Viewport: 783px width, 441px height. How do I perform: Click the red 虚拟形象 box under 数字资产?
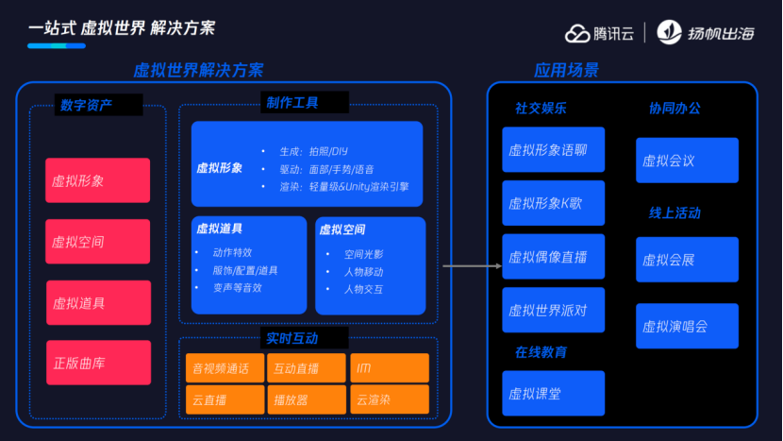pos(97,180)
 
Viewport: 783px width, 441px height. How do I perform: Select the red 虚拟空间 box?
pos(97,242)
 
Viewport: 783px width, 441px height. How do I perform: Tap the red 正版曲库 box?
pos(98,363)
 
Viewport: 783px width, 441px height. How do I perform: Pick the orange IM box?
pos(389,367)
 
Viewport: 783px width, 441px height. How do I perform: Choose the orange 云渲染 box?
pos(389,399)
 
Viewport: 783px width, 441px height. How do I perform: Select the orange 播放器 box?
pos(306,399)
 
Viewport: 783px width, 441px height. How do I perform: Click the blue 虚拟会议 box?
pos(687,160)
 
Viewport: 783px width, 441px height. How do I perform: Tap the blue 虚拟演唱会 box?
pos(687,326)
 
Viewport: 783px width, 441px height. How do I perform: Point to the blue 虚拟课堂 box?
pos(553,393)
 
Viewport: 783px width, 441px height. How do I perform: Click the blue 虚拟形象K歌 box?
pos(553,203)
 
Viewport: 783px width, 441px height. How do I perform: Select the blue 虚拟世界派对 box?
pos(553,310)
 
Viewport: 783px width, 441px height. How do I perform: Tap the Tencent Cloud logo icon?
pos(577,32)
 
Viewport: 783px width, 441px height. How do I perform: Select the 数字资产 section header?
pos(86,105)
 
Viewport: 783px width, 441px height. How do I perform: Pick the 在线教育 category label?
pos(541,352)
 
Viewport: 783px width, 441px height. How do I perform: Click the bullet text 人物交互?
pos(363,289)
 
